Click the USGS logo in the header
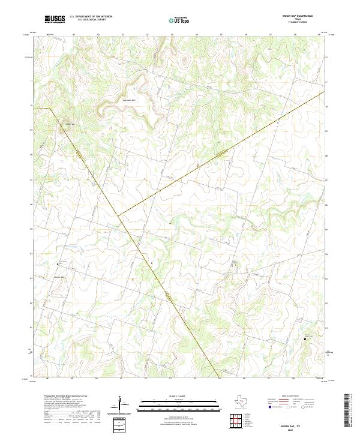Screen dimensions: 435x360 [x=55, y=19]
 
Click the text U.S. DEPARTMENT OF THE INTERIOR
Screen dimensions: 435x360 [x=91, y=17]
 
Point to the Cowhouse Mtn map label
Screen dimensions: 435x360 [x=130, y=100]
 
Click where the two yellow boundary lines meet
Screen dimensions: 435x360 [x=118, y=214]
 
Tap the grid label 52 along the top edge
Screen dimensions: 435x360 [x=146, y=35]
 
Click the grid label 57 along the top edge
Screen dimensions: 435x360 [x=270, y=35]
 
